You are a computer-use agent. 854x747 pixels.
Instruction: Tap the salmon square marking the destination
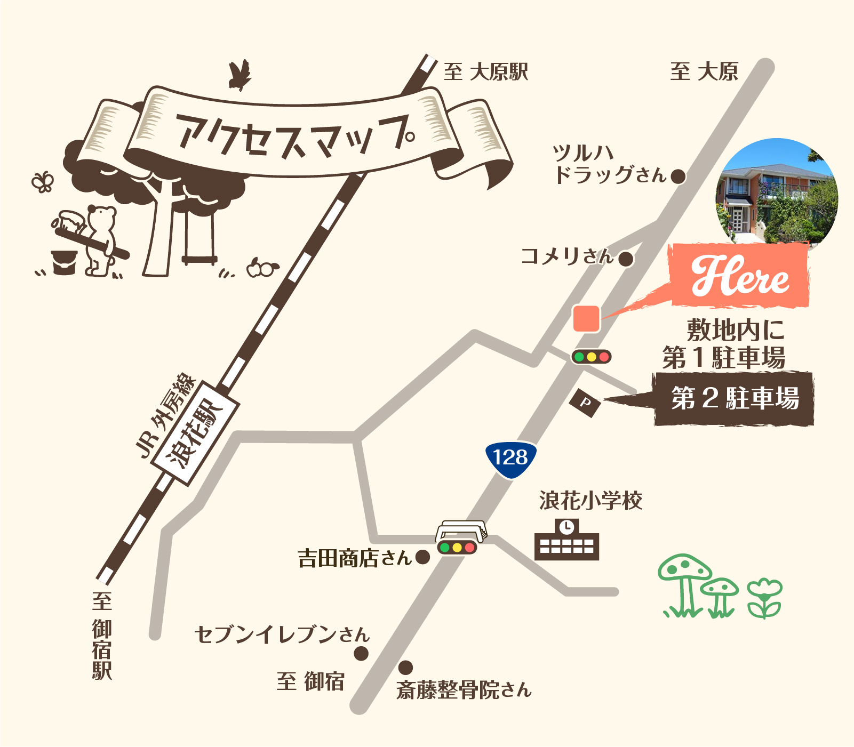[x=586, y=318]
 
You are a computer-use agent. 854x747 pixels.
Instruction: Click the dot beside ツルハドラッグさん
[x=678, y=176]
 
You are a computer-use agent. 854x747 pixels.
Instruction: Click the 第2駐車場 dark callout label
[x=734, y=398]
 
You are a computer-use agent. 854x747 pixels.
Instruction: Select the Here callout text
[x=740, y=276]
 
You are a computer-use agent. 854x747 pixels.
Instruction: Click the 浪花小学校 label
[x=590, y=501]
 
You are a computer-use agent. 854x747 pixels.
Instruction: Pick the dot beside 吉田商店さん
[x=422, y=557]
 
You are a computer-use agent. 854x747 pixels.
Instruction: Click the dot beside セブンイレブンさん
[x=361, y=653]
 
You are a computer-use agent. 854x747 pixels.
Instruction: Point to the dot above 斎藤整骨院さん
[x=405, y=667]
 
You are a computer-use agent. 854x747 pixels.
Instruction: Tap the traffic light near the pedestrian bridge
[x=457, y=547]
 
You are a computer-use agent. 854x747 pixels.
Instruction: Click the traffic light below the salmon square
[x=591, y=357]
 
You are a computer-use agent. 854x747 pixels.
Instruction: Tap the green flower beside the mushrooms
[x=764, y=597]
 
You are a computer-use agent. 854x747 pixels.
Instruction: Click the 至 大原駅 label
[x=485, y=72]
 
